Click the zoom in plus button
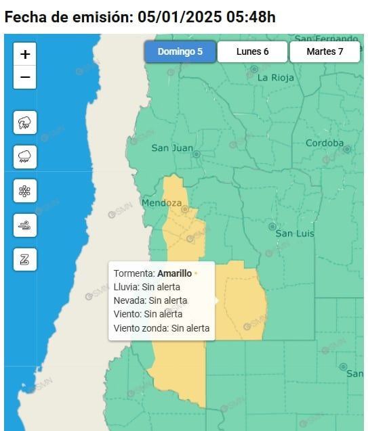coord(25,54)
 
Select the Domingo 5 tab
coord(180,51)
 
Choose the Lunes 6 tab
coord(253,51)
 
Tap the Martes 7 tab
coord(325,51)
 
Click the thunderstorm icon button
coord(25,123)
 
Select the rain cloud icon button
coord(25,157)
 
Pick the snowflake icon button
coord(25,191)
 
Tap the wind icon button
coord(25,225)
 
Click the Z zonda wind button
coord(25,259)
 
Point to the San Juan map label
coord(172,148)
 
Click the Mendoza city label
coord(161,203)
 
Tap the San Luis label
coord(295,233)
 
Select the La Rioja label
coord(276,77)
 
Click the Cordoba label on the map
coord(325,143)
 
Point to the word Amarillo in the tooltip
coord(174,273)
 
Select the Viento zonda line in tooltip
coord(161,328)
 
